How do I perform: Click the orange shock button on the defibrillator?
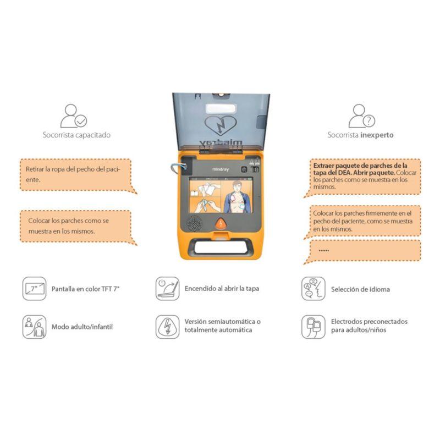coord(221,223)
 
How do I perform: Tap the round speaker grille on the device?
coord(194,223)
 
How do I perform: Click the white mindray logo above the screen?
coord(221,169)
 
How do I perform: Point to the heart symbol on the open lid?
coord(221,126)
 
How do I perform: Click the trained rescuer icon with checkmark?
coord(74,116)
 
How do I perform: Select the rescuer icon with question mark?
coord(362,116)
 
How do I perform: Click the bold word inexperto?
coord(377,135)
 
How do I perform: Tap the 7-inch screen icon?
coord(34,288)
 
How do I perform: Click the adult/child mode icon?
coord(34,327)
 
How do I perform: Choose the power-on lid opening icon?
coord(168,288)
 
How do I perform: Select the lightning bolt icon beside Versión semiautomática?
coord(168,327)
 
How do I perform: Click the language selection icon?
coord(313,288)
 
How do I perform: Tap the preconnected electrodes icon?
coord(313,327)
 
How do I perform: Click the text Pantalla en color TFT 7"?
coord(86,289)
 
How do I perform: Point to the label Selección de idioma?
coord(360,289)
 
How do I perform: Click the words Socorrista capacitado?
coord(76,135)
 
